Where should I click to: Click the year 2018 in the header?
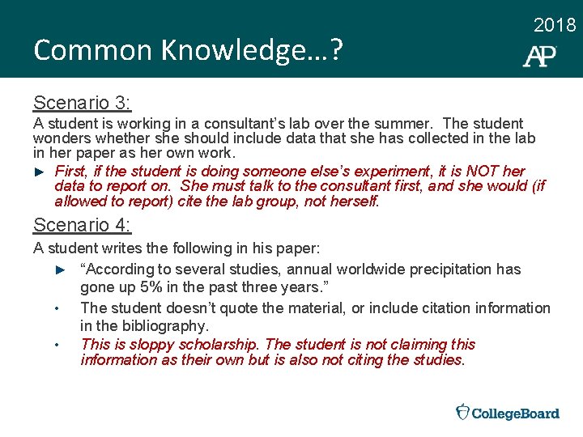pyautogui.click(x=555, y=25)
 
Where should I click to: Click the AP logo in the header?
pyautogui.click(x=539, y=56)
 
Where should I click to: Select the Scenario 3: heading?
pyautogui.click(x=82, y=103)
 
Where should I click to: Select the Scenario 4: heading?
pyautogui.click(x=82, y=224)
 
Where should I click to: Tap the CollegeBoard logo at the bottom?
pyautogui.click(x=508, y=413)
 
